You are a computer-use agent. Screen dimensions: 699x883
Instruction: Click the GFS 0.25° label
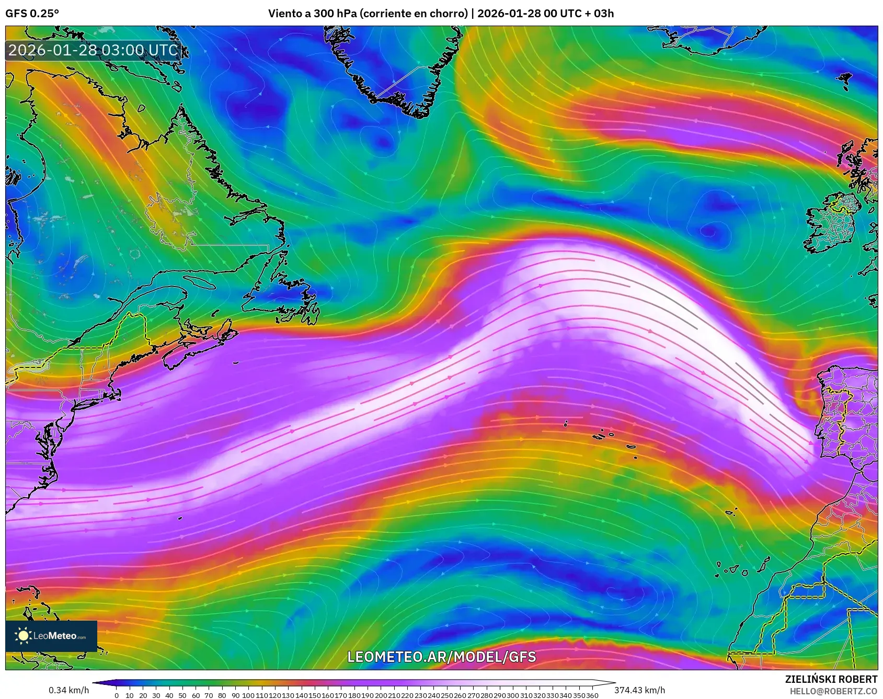[32, 14]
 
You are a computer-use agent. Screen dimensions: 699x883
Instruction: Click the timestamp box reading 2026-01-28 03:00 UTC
[93, 50]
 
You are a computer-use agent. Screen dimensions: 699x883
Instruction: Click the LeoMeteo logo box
[51, 636]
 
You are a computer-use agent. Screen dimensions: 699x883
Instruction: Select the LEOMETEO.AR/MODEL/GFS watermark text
[441, 657]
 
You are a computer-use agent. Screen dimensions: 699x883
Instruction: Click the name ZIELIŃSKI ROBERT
[831, 679]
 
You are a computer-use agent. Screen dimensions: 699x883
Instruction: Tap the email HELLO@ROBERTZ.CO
[833, 691]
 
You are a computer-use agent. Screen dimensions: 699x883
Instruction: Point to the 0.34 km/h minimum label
[68, 690]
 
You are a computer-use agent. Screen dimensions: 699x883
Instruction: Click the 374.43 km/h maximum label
[639, 690]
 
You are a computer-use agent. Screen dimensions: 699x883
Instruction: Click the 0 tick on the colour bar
[117, 695]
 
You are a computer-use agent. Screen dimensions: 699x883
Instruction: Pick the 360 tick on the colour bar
[592, 695]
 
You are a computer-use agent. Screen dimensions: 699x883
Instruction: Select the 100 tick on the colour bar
[248, 695]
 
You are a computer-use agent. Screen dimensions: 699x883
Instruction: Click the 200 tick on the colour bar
[381, 695]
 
